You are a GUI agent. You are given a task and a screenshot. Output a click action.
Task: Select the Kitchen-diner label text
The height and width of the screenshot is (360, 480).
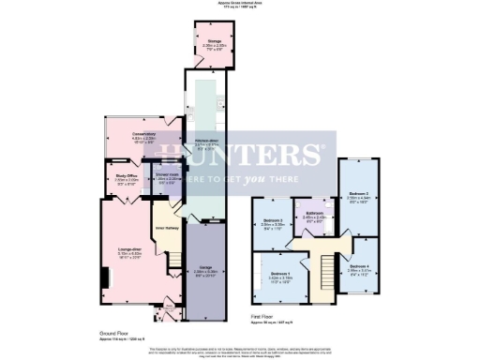(205, 143)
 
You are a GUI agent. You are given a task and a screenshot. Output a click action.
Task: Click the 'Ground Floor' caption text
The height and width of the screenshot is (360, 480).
(112, 333)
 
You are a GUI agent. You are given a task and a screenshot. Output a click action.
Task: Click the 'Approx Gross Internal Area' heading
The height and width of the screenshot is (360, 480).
(240, 3)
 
